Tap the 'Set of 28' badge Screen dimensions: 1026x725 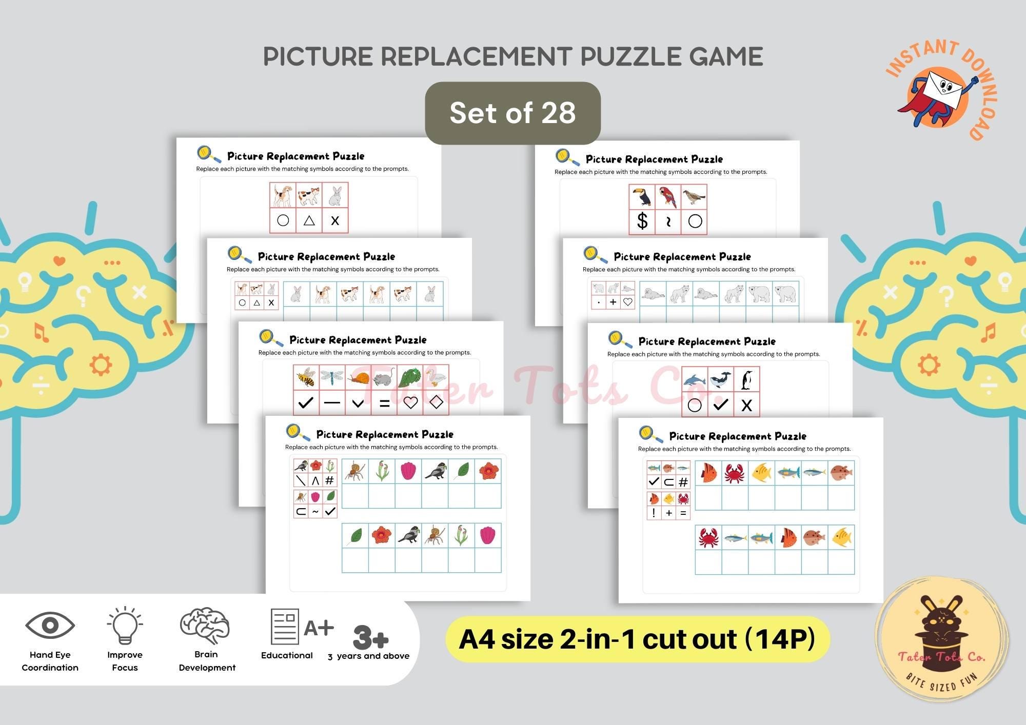[512, 113]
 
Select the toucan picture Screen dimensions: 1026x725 [642, 197]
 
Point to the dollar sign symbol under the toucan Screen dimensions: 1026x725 [642, 221]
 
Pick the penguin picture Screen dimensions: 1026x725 [747, 380]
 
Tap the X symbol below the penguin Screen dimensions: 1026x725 [746, 406]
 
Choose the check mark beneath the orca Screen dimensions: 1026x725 [721, 405]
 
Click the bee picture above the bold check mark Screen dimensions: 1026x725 [306, 377]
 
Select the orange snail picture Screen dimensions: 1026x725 [358, 378]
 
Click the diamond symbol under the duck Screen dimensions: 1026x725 [436, 403]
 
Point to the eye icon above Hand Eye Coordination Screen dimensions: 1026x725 [50, 625]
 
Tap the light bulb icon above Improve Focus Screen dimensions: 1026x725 [125, 625]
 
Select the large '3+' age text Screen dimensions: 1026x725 [370, 637]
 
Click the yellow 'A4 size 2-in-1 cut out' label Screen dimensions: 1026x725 [637, 639]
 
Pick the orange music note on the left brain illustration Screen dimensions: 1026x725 [41, 332]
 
